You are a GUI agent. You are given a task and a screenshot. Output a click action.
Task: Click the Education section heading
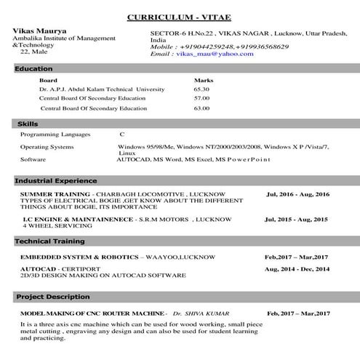click(x=33, y=69)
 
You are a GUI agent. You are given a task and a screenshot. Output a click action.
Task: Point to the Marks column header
click(x=204, y=80)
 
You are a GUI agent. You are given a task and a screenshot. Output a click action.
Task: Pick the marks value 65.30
click(x=201, y=89)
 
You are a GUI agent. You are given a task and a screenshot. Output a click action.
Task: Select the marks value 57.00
click(x=201, y=98)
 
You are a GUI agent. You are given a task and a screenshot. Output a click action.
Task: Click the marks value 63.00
click(x=201, y=108)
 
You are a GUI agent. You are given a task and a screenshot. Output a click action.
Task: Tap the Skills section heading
click(x=28, y=124)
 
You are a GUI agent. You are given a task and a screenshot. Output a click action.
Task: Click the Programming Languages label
click(x=55, y=135)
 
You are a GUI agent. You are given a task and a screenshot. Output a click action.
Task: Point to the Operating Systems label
click(x=47, y=147)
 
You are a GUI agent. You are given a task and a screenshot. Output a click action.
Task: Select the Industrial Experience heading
click(x=56, y=180)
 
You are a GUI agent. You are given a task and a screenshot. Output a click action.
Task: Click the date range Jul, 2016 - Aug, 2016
click(x=297, y=195)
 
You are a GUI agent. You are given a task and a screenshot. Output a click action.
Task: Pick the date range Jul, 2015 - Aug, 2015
click(x=296, y=219)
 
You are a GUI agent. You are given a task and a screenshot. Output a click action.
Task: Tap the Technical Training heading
click(x=50, y=241)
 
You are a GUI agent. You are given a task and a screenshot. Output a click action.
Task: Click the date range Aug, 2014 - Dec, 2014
click(x=297, y=269)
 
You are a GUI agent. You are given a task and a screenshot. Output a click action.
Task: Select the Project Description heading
click(x=53, y=297)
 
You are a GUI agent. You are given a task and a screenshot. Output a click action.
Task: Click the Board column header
click(x=48, y=80)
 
